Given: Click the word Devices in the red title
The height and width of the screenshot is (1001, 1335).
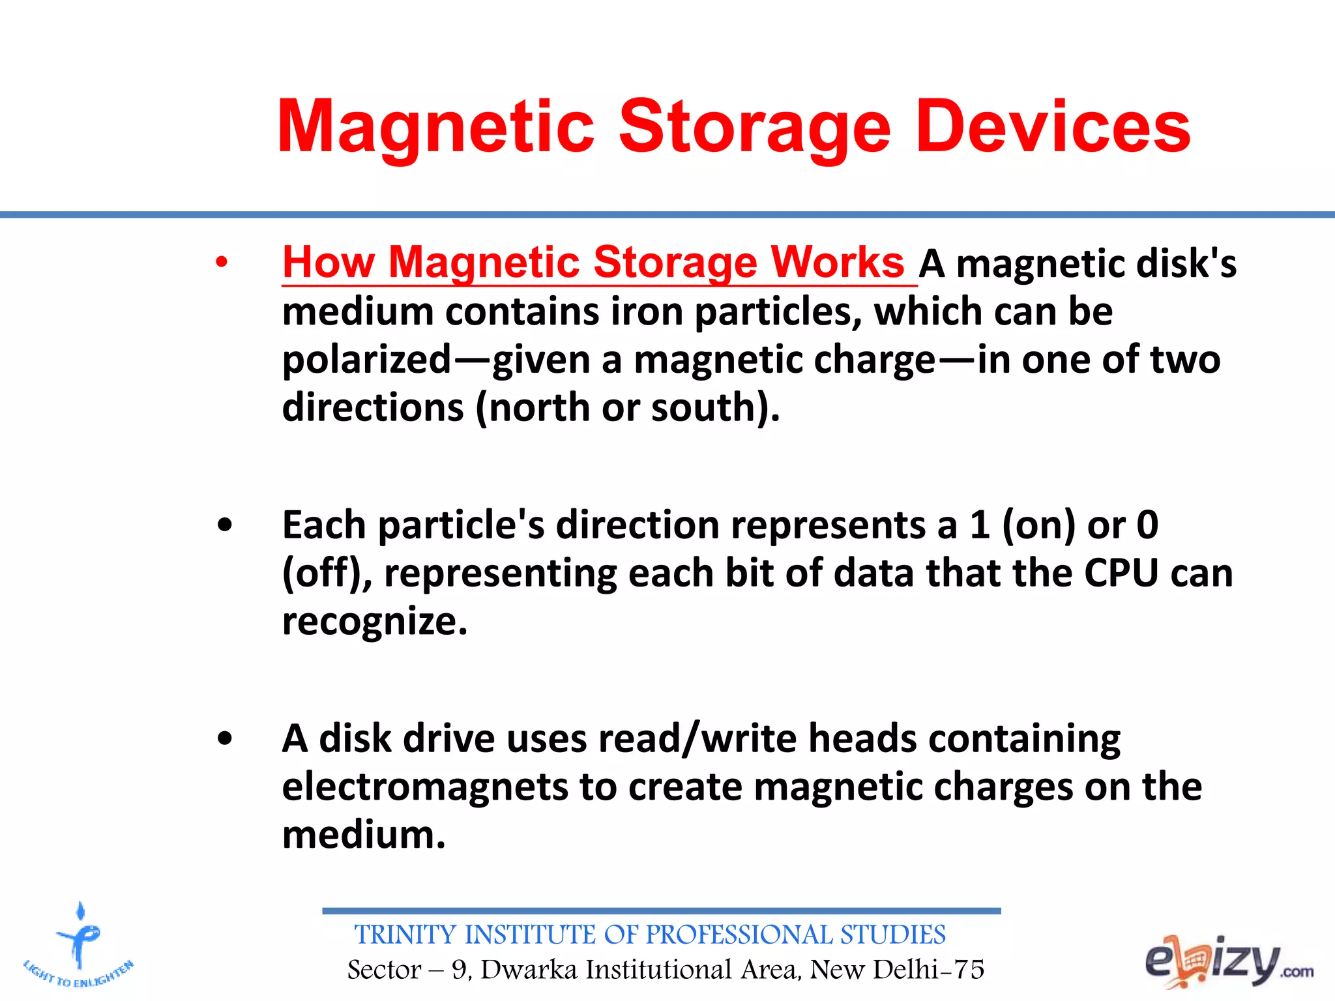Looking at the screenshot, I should tap(1053, 127).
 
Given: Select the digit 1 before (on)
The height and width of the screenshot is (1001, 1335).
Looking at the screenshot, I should tap(980, 525).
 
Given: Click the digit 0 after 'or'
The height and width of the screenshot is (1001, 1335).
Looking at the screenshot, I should tap(1147, 525).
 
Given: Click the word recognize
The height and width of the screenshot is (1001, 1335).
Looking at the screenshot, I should tap(374, 622).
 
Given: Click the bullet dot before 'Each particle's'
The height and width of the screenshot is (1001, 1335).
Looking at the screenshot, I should tap(225, 525).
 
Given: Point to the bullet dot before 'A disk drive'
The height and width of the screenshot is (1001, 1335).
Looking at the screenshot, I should tap(225, 740).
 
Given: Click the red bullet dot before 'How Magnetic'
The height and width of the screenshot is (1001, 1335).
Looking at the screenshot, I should tap(222, 263).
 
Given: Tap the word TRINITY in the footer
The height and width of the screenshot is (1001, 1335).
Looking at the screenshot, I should tap(405, 935).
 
